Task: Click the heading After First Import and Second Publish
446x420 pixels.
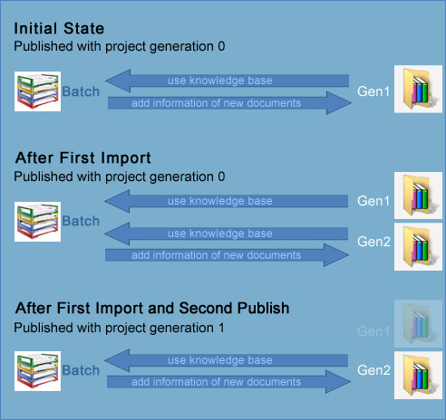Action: pyautogui.click(x=152, y=309)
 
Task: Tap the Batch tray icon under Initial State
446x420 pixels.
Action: pyautogui.click(x=37, y=91)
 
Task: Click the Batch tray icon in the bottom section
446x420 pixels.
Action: pyautogui.click(x=37, y=371)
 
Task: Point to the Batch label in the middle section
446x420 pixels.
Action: pyautogui.click(x=81, y=221)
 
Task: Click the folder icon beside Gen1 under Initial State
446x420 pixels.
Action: pyautogui.click(x=418, y=91)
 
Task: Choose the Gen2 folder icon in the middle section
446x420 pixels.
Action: pyautogui.click(x=418, y=248)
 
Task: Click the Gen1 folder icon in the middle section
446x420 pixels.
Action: pyautogui.click(x=418, y=196)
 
